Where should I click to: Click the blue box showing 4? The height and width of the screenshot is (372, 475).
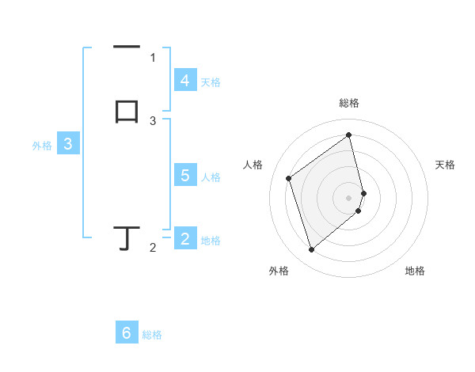(184, 81)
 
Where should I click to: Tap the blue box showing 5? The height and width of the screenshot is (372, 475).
(184, 176)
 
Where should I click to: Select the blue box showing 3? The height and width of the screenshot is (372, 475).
(68, 145)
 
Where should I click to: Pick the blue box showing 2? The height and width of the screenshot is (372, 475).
(184, 239)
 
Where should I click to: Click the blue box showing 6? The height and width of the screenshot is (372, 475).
(126, 333)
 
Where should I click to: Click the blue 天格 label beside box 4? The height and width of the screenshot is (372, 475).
(210, 82)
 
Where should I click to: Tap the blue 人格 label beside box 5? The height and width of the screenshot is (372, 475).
(211, 177)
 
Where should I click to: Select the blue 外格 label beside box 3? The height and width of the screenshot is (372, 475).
(41, 146)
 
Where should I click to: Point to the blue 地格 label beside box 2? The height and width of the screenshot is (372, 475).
(211, 241)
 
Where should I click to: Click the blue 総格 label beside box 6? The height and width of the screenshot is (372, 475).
(152, 335)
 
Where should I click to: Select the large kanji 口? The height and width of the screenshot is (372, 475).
(127, 112)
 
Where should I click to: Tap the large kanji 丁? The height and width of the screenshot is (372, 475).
(127, 237)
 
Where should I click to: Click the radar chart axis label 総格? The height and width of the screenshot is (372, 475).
(349, 103)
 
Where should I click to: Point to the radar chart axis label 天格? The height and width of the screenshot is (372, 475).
(446, 165)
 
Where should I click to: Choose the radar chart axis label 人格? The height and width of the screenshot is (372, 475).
(253, 165)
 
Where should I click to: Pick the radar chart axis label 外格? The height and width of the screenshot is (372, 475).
(279, 271)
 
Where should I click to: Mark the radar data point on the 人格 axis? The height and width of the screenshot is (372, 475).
(289, 178)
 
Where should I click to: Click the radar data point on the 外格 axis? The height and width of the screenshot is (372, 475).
(311, 250)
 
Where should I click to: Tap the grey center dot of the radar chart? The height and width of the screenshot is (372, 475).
(349, 197)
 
